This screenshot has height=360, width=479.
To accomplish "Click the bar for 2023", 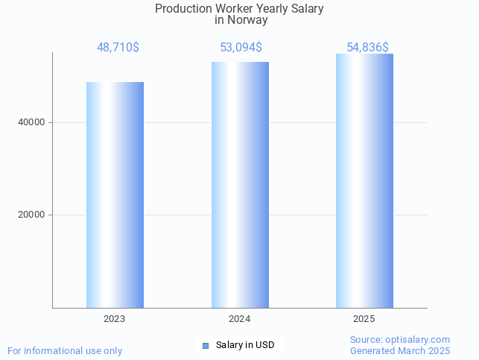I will tap(115, 195).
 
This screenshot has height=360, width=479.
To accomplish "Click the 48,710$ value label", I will tap(118, 48).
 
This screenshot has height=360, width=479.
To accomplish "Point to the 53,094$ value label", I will tap(241, 48).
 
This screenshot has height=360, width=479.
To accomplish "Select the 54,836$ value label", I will tap(368, 48).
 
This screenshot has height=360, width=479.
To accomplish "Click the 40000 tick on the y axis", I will tap(32, 122).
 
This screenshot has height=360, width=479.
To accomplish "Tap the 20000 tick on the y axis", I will tap(32, 215).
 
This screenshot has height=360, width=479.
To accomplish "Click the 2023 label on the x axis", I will tap(115, 318).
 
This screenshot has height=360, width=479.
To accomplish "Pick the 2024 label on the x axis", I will tap(240, 318).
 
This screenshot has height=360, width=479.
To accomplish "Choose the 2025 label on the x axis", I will tap(364, 318).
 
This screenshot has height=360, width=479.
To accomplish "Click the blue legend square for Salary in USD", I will tap(206, 345).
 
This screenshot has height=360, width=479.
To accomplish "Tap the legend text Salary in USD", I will tap(245, 345).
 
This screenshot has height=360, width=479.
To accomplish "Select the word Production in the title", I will tap(183, 8).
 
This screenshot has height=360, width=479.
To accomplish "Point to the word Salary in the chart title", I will tap(307, 8).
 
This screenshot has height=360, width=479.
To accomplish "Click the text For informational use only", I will tap(65, 350).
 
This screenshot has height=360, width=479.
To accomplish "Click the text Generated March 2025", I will tap(400, 350).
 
